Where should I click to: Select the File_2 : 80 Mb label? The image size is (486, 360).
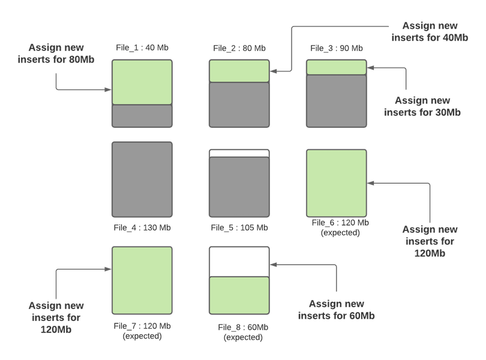tap(239, 48)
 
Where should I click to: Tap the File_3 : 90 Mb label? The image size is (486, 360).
tap(336, 48)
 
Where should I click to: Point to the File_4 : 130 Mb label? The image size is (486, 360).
tap(142, 227)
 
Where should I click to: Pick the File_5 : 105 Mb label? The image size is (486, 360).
tap(239, 227)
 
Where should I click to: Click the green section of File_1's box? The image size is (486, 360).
tap(142, 82)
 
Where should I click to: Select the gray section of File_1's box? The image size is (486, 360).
tap(142, 116)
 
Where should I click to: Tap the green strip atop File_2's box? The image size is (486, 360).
tap(239, 70)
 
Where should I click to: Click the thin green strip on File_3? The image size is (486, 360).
tap(336, 67)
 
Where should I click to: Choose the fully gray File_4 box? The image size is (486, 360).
tap(142, 179)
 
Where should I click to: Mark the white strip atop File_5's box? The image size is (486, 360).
tap(239, 152)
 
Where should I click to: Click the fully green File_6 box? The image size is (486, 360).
tap(336, 183)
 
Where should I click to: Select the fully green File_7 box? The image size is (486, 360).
tap(142, 280)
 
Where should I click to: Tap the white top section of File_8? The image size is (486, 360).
tap(239, 261)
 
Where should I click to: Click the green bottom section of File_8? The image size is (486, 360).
tap(239, 295)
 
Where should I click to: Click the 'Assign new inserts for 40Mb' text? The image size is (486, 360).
tap(430, 31)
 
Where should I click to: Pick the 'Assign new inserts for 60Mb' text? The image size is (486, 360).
tap(337, 310)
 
